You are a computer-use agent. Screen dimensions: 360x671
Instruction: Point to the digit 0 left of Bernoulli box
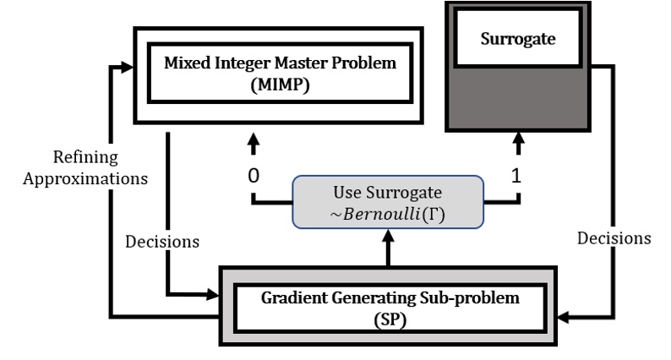tap(251, 179)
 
